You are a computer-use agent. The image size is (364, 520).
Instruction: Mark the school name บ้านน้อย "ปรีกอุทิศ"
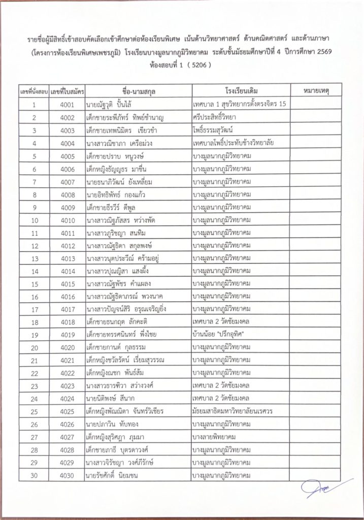point(219,335)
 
